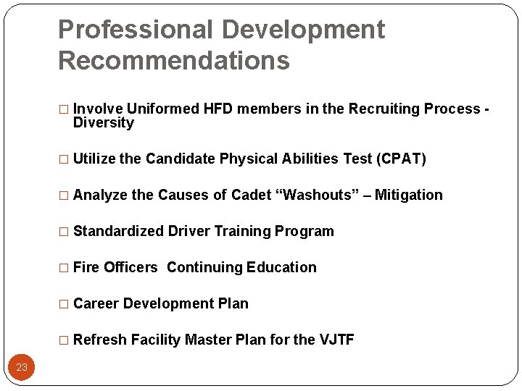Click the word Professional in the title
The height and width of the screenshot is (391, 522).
coord(134,30)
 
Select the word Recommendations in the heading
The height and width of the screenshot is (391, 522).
coord(173,61)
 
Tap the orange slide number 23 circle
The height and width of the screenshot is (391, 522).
coord(22,367)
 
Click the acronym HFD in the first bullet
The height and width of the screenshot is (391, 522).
coord(218,109)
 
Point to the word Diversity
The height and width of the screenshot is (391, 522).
coord(104,123)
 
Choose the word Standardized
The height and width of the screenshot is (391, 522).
coord(119,232)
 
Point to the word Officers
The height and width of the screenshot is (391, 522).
coord(130,268)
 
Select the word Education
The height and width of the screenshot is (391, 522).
coord(281,268)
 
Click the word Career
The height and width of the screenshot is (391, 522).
coord(96,304)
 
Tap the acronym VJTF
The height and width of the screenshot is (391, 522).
coord(336,340)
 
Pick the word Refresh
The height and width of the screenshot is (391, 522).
coord(100,340)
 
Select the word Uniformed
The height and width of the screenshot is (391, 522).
coord(163,109)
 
